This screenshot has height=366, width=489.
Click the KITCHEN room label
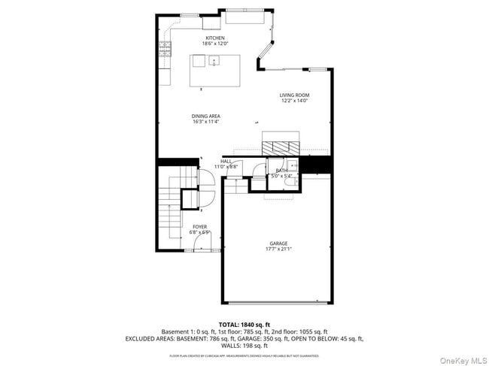coord(215,38)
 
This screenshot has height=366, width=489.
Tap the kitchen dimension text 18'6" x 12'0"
coord(215,44)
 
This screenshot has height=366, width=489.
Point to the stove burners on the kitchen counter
coord(163,51)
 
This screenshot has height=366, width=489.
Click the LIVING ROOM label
coord(294,95)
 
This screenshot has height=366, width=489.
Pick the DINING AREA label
coord(205,116)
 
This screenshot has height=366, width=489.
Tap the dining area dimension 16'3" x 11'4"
coord(205,122)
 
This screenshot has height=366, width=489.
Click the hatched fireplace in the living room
coord(280,146)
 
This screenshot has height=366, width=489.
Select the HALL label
coord(226,161)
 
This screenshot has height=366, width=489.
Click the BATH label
coord(281,171)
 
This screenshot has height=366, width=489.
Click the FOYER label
coord(199,225)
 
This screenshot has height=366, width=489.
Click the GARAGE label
coord(278,243)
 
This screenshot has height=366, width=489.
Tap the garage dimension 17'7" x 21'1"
coord(278,250)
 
